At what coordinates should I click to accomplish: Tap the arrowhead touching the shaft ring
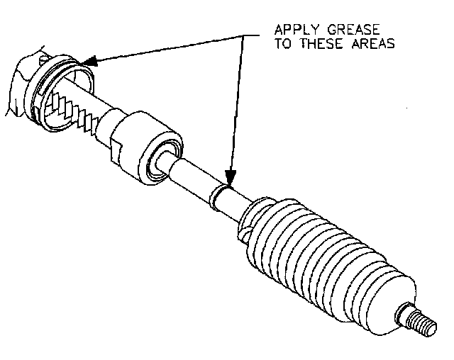[229, 178]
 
